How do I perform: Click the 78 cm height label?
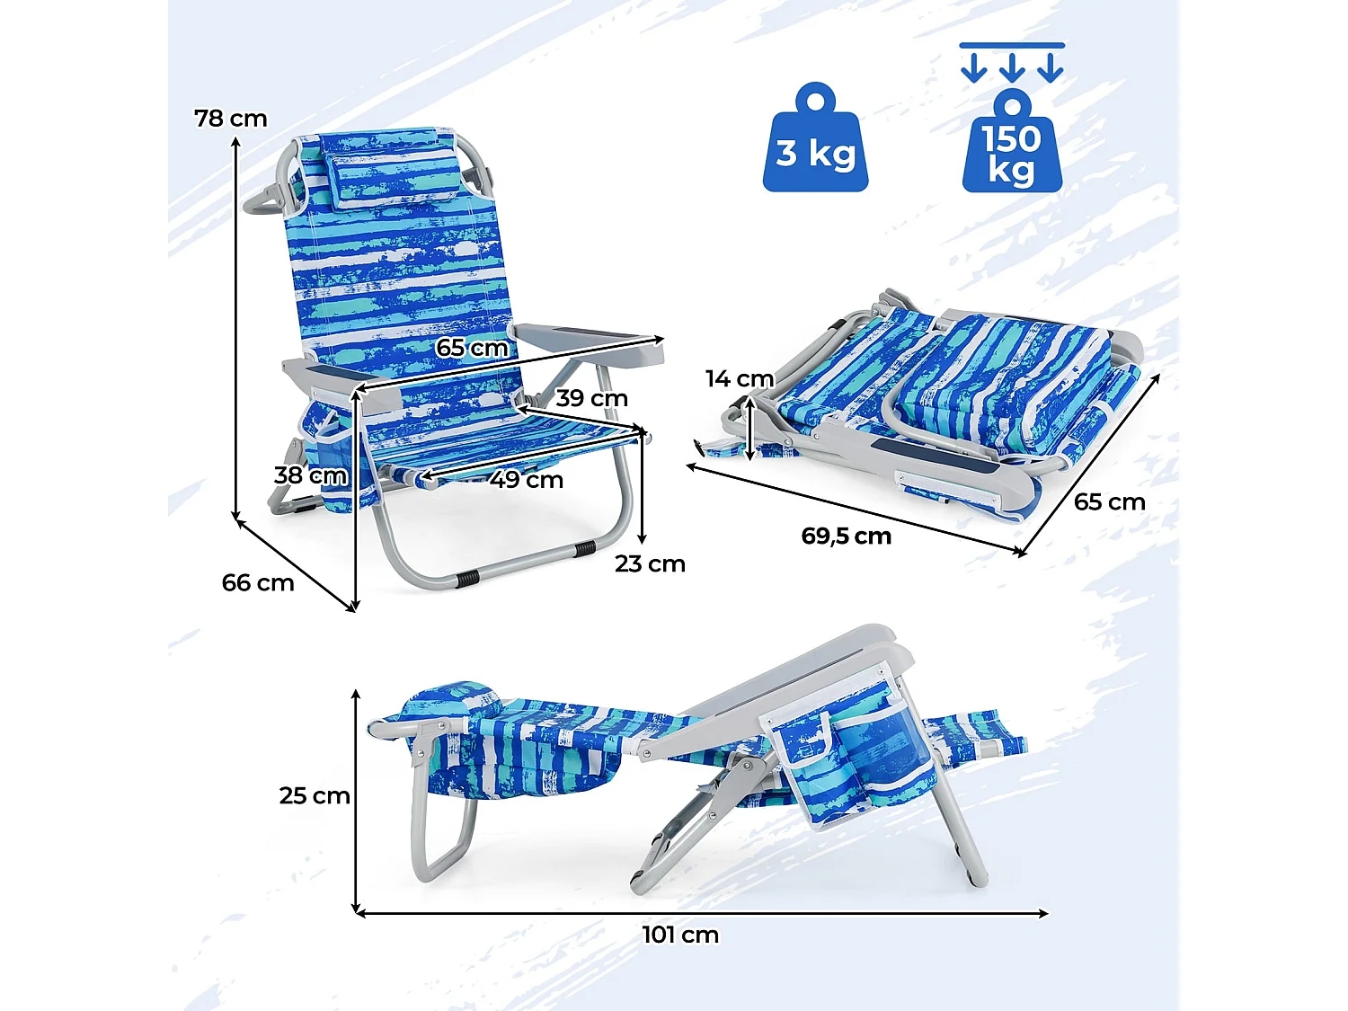point(231,119)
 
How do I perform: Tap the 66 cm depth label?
point(258,582)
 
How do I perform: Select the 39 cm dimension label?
point(592,398)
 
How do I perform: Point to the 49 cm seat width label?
point(527,479)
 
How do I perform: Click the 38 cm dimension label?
point(310,475)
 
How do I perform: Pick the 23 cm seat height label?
point(651,563)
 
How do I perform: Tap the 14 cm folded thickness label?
point(740,378)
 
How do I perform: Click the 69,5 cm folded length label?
point(847,536)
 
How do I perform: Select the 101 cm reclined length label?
point(680,935)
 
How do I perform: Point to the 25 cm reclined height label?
point(315,795)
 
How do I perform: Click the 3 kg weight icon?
point(816,137)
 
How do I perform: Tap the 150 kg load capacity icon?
point(1012,141)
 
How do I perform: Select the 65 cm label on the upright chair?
point(473,348)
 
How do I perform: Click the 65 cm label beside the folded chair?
point(1110,502)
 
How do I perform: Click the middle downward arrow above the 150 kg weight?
point(1012,68)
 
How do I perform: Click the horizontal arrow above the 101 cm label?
point(702,913)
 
